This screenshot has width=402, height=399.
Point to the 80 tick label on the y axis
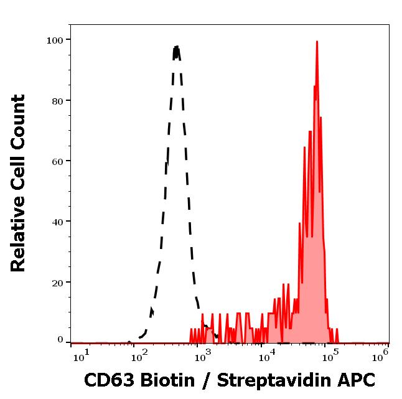click(57, 101)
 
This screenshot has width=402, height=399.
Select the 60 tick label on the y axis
click(57, 161)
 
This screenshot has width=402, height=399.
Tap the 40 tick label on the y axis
click(57, 222)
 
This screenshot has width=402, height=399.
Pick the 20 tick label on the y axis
click(57, 282)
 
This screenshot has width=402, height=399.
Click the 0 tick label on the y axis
click(60, 340)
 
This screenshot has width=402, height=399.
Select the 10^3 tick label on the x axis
click(203, 355)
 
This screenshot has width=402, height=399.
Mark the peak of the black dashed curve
click(177, 47)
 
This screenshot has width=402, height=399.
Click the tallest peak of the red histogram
click(317, 42)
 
